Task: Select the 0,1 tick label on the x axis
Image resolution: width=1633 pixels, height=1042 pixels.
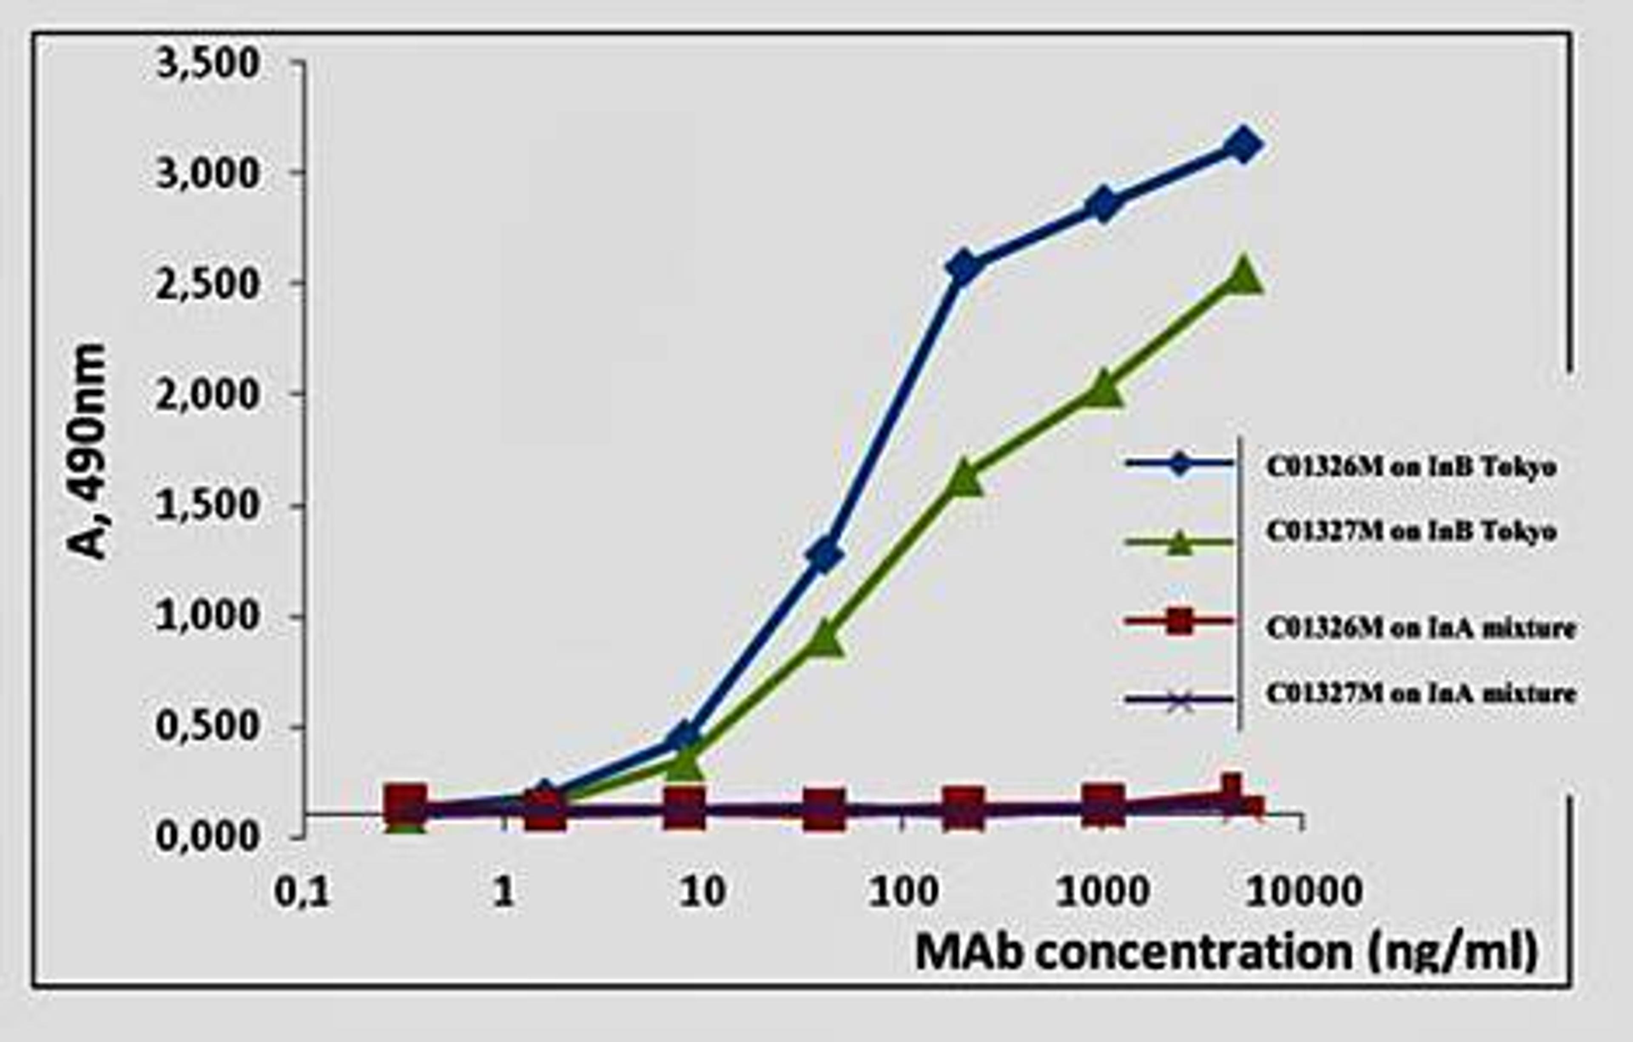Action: [x=302, y=892]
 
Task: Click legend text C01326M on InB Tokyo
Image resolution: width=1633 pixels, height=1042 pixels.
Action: [x=1411, y=466]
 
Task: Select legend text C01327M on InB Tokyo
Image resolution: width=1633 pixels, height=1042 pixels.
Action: [x=1411, y=531]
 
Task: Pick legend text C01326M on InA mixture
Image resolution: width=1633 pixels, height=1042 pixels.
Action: [x=1420, y=628]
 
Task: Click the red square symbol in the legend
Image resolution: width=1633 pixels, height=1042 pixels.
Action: [x=1180, y=621]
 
